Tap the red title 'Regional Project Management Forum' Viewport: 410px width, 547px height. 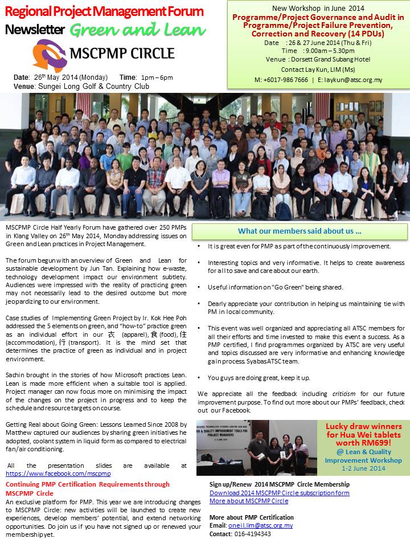(x=104, y=11)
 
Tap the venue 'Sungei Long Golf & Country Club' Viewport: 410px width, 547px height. (x=93, y=87)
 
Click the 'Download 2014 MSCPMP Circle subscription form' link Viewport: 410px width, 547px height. (x=280, y=493)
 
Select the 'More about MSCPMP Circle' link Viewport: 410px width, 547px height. (x=249, y=501)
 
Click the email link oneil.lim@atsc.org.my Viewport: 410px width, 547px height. (x=260, y=525)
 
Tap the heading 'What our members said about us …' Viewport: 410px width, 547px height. (x=300, y=231)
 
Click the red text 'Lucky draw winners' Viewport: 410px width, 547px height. (x=363, y=427)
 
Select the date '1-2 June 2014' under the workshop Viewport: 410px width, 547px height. (x=363, y=468)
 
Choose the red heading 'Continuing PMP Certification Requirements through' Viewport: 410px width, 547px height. (x=88, y=484)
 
